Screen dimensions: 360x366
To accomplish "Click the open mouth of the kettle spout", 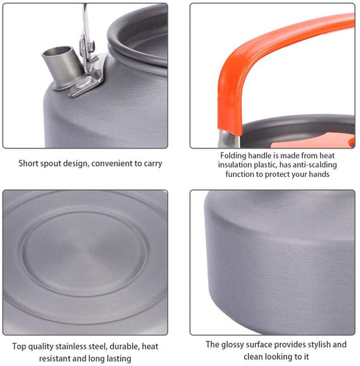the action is click(57, 52).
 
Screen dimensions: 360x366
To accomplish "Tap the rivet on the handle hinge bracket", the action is click(92, 44).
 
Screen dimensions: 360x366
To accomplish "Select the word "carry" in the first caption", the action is click(153, 164).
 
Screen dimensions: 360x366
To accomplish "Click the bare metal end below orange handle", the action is click(228, 140).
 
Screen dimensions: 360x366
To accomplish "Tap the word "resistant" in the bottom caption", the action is click(54, 359).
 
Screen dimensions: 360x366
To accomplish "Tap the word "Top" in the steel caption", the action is click(19, 346).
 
